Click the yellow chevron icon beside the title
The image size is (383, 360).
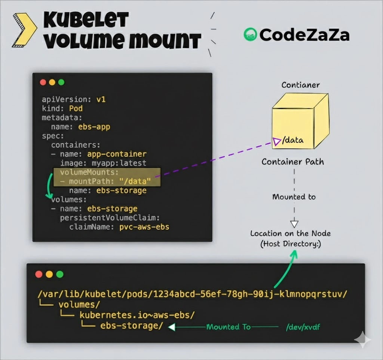(x=24, y=30)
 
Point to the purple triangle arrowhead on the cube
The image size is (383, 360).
(x=277, y=141)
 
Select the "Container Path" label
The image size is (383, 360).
(x=292, y=162)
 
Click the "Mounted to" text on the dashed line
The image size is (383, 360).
(x=294, y=197)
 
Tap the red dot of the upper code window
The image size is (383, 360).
(x=43, y=82)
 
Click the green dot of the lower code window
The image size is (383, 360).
(x=60, y=274)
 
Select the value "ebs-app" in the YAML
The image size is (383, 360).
(x=94, y=127)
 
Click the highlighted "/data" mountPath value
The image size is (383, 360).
(x=135, y=181)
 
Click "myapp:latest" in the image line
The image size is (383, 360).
(x=119, y=163)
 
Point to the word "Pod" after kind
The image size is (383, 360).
(x=76, y=109)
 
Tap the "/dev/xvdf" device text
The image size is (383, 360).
(x=303, y=327)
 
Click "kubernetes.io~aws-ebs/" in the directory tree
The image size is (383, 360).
(x=137, y=315)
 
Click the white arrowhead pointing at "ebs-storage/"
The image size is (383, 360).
(x=172, y=327)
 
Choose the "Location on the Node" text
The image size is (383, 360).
(x=290, y=234)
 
